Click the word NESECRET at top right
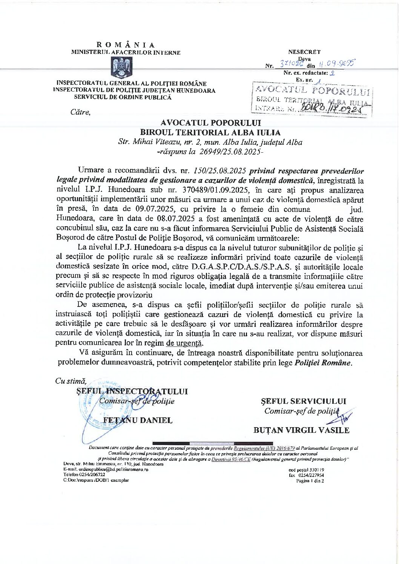(304, 52)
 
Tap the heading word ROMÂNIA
(126, 45)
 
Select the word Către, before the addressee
(80, 112)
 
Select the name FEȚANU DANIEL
(138, 420)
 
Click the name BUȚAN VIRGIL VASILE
(301, 430)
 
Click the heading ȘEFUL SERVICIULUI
(303, 401)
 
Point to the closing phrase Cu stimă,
(71, 381)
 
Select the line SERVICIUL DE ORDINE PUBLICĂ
(123, 97)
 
